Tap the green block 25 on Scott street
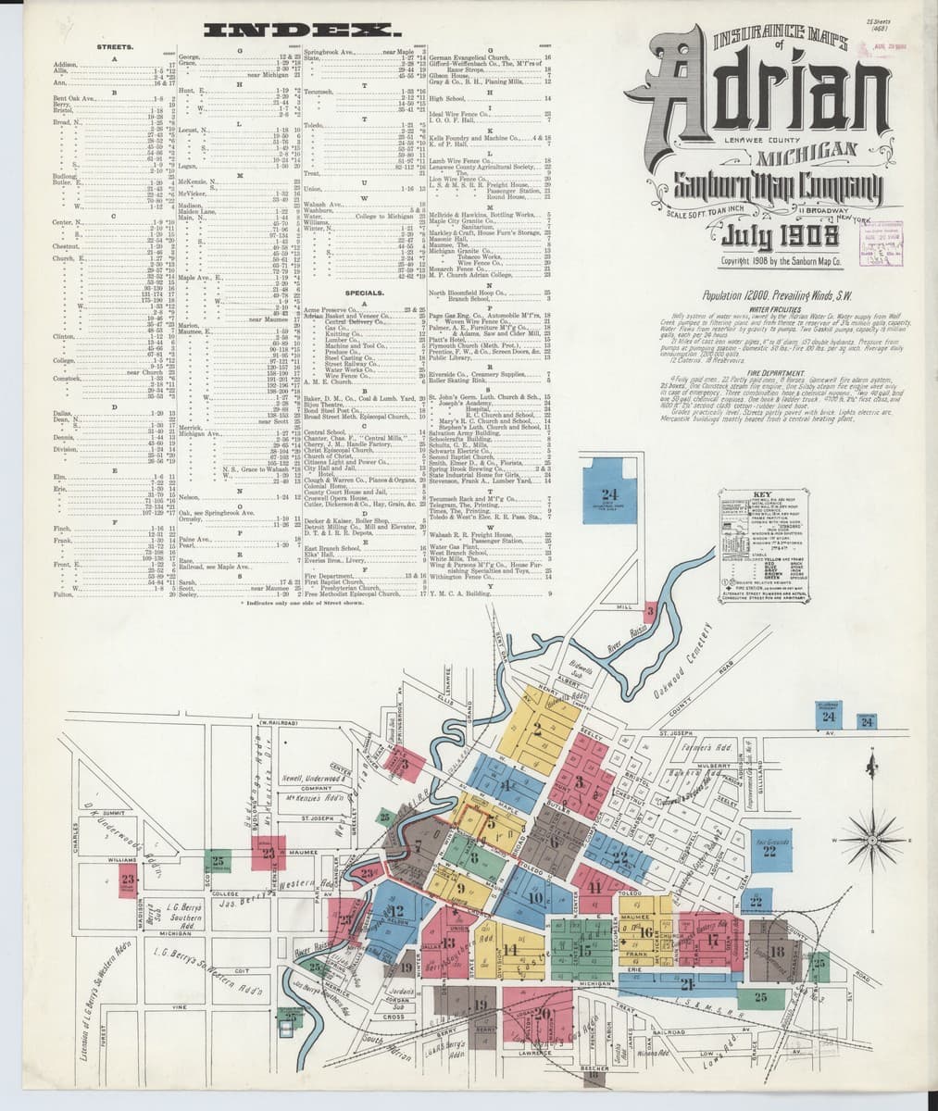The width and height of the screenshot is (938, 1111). pos(218,861)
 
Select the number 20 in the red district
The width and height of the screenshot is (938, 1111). pos(541,1011)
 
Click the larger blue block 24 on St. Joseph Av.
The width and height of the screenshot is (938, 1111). pos(830,718)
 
